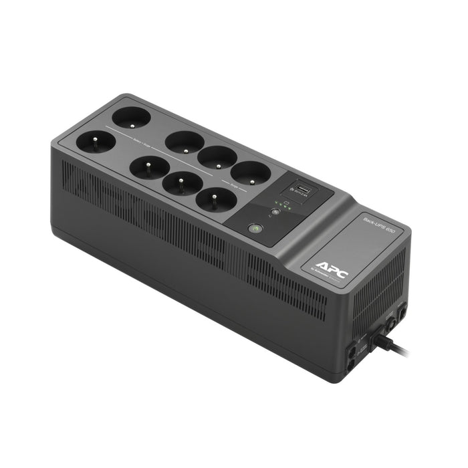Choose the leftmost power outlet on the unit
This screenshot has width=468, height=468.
tap(91, 141)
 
